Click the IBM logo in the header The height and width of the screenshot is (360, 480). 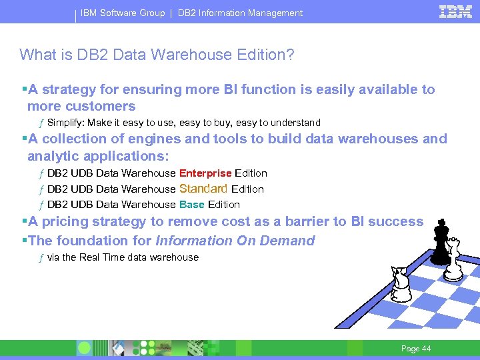click(456, 11)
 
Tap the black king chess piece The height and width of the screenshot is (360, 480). click(440, 245)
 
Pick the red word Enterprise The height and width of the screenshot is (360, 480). click(205, 173)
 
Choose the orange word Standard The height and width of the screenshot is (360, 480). click(203, 189)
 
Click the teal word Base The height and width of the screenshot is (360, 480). click(192, 205)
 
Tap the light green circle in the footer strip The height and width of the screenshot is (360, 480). click(85, 348)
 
